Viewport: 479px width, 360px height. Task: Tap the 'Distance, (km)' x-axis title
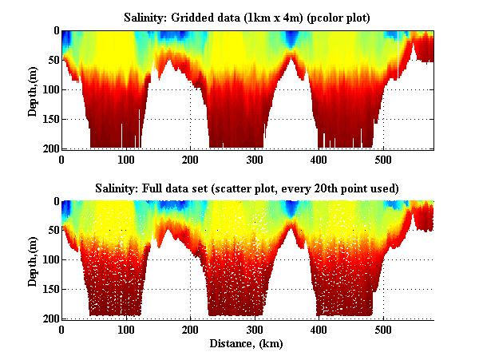(247, 344)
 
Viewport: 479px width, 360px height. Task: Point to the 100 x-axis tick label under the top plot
(126, 159)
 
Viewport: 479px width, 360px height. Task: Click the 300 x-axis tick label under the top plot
(255, 159)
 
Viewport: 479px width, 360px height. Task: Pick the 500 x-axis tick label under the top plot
(383, 159)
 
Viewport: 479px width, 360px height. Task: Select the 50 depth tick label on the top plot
(52, 60)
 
